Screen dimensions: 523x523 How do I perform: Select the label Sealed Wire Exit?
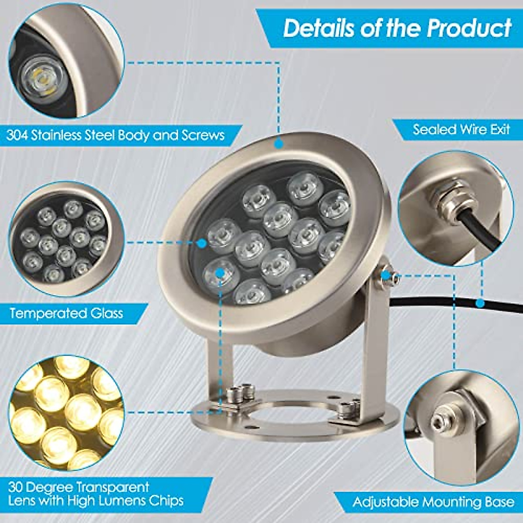click(461, 129)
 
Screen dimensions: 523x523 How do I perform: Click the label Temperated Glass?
click(66, 313)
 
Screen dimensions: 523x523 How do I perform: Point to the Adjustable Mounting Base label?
click(433, 502)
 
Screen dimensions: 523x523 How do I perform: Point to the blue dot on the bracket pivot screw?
click(385, 275)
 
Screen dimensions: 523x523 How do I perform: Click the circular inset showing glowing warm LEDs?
click(65, 412)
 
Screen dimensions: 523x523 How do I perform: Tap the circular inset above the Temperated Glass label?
click(65, 239)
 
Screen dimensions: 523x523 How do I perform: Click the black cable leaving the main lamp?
click(436, 303)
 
